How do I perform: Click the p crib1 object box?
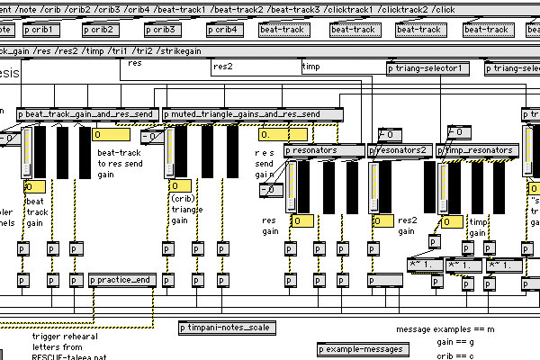point(39,30)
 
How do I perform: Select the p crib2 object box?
point(103,30)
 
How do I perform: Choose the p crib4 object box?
point(226,30)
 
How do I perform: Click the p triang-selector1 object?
point(427,68)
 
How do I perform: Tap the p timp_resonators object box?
point(478,150)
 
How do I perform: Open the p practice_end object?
point(122,281)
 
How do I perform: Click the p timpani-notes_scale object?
point(224,327)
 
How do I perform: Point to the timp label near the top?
point(311,67)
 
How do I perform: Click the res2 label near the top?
point(223,66)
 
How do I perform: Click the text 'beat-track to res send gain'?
point(120,163)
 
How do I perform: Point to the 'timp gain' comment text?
point(479,226)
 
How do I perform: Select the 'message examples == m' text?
point(442,329)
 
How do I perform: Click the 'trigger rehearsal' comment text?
point(65,336)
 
